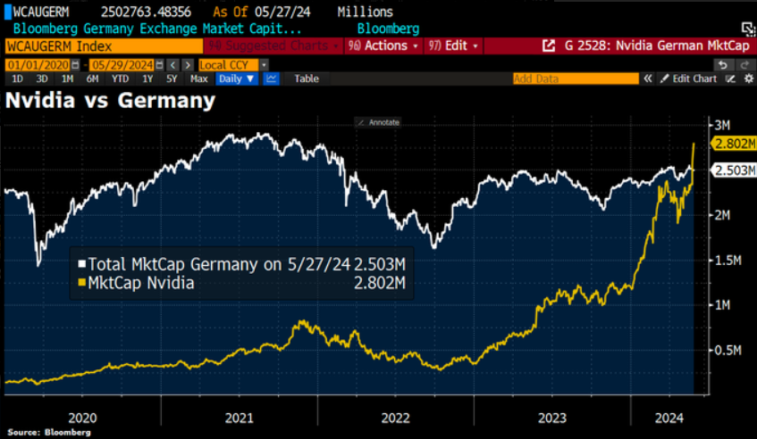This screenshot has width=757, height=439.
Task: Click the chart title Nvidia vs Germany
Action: [110, 100]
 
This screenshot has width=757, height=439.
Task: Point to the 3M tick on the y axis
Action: [721, 123]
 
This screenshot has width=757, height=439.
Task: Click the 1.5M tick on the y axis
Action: [727, 260]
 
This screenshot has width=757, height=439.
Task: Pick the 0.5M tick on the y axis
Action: [727, 350]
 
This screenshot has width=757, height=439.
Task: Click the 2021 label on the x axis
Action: [240, 417]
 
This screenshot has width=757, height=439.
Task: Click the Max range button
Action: [199, 79]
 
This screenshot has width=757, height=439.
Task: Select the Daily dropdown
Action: [237, 79]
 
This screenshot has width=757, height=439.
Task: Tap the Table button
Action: [307, 79]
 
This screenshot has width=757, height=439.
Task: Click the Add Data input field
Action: [576, 79]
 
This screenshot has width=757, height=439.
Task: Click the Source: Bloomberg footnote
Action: [37, 432]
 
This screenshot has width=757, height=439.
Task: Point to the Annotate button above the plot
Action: [378, 122]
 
